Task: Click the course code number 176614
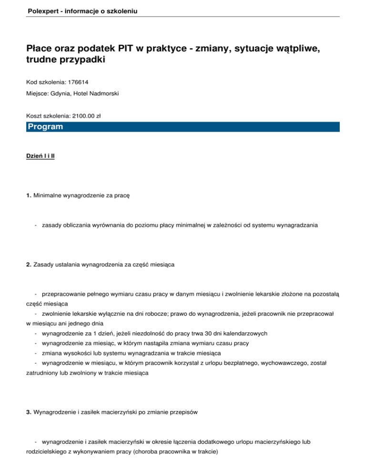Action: (x=78, y=82)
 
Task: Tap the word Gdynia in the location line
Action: (x=61, y=93)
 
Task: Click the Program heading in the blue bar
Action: (x=45, y=127)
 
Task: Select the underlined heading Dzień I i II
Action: (x=41, y=155)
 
